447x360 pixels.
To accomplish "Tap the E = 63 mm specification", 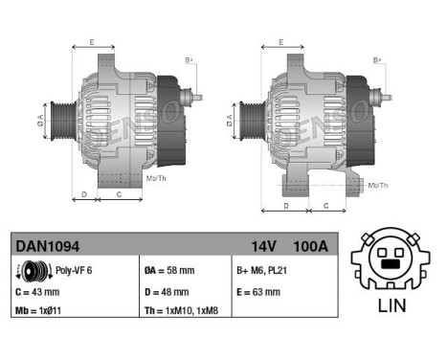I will click(x=257, y=292).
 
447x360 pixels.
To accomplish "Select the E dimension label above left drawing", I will click(x=92, y=42).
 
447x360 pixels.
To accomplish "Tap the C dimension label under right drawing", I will click(x=325, y=205).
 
